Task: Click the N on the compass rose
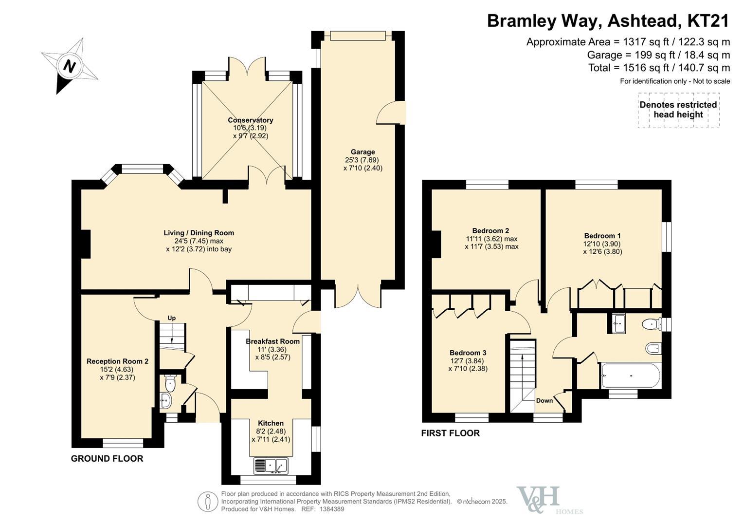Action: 69,66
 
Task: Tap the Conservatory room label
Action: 251,120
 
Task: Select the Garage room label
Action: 362,152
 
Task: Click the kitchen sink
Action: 271,466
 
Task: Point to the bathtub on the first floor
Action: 631,376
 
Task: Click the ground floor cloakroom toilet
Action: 170,384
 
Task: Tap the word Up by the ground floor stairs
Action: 171,318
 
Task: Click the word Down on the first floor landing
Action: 544,400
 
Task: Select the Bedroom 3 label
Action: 468,353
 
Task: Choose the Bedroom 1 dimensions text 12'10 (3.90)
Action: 602,244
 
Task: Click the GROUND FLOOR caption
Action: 107,459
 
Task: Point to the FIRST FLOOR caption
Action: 451,433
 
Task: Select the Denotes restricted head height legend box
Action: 678,110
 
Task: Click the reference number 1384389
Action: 332,509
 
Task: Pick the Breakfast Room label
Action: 272,341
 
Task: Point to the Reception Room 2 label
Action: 117,361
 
